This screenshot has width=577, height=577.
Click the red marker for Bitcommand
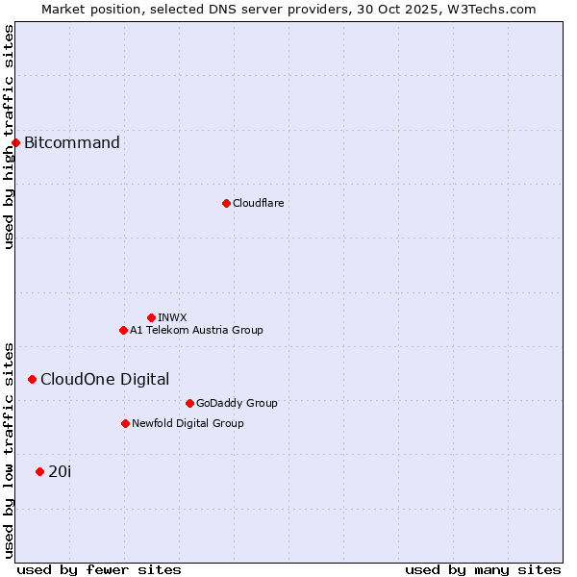[15, 143]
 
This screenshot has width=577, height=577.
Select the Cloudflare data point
[226, 203]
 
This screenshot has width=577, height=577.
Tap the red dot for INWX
[151, 317]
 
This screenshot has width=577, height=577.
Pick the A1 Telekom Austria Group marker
[123, 330]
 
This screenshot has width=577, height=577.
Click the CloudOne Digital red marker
[32, 379]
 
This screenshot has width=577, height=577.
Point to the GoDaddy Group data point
[189, 403]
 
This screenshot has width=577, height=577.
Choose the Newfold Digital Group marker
[125, 423]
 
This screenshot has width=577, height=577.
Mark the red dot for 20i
[39, 471]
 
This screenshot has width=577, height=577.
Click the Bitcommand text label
[72, 143]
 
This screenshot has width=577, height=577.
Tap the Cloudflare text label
[258, 203]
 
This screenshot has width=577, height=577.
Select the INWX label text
[172, 317]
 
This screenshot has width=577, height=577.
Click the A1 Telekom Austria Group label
[196, 330]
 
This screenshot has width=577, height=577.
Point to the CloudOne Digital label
[105, 379]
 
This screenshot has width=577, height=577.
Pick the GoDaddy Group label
[237, 403]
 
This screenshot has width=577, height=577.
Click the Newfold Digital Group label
[188, 423]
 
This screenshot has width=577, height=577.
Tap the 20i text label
[60, 471]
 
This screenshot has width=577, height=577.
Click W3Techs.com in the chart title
[496, 9]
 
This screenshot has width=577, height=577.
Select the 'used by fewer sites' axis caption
[99, 569]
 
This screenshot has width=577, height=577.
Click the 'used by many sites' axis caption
[483, 569]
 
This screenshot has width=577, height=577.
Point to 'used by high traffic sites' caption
[9, 137]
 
